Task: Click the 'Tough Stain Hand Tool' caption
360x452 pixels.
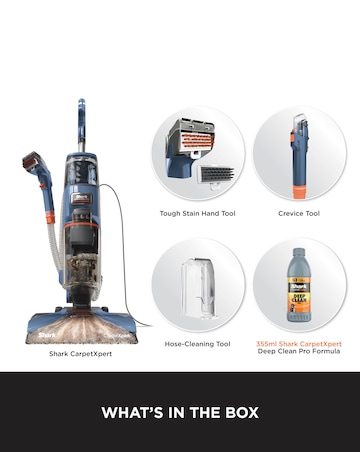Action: click(198, 213)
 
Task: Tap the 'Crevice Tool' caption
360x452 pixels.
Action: click(298, 213)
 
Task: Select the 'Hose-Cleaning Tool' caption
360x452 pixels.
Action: click(198, 343)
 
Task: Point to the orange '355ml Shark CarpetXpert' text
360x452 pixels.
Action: click(298, 343)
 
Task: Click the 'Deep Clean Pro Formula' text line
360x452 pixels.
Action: click(298, 351)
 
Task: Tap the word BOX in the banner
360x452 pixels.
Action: click(238, 412)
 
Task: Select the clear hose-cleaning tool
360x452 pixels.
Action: click(198, 288)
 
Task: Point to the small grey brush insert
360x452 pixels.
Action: click(216, 172)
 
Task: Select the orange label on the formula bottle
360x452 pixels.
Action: click(298, 299)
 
